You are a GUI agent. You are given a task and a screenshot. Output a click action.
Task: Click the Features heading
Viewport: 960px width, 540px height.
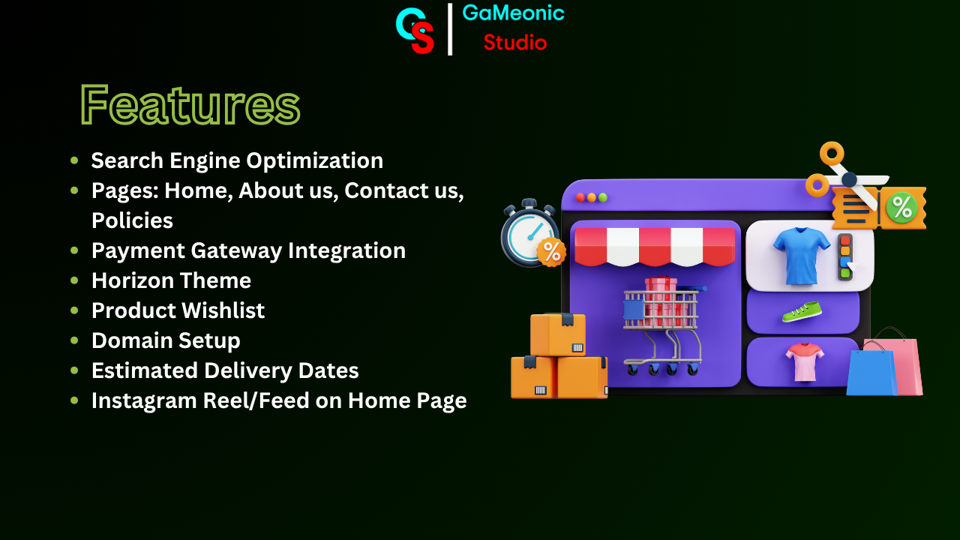pos(190,104)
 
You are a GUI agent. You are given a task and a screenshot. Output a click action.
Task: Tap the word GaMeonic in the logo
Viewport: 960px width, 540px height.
pos(513,13)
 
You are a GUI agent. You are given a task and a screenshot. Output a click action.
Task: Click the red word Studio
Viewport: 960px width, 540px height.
pos(515,43)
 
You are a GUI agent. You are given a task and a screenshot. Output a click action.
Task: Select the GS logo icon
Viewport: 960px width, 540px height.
pos(415,31)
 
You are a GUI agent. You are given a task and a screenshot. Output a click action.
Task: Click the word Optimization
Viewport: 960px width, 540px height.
pos(314,161)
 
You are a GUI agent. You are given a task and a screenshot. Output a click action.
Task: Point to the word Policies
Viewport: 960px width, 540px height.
pos(132,220)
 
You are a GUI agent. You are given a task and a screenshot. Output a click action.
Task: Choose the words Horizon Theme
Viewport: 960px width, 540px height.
pos(172,280)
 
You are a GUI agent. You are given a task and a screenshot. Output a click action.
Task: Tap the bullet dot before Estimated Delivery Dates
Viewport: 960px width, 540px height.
pos(74,370)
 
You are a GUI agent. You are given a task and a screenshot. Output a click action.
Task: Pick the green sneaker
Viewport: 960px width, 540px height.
pos(802,312)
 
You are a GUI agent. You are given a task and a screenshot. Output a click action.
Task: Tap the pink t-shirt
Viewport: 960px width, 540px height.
pos(805,361)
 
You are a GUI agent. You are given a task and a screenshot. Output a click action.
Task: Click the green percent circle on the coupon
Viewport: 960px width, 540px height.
pos(901,208)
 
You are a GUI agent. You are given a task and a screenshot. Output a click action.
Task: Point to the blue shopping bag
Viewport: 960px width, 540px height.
pos(871,372)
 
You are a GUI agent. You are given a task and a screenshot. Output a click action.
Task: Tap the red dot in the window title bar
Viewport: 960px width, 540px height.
pos(580,197)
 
